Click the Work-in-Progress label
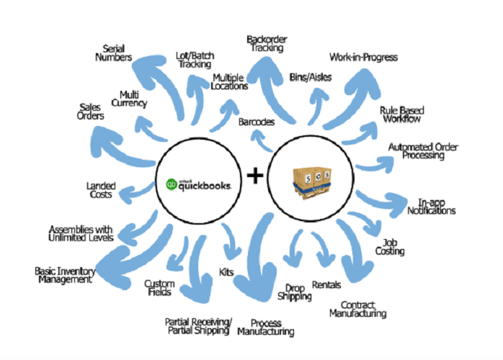[363, 56]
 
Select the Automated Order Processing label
[423, 152]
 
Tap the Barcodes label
[256, 122]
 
